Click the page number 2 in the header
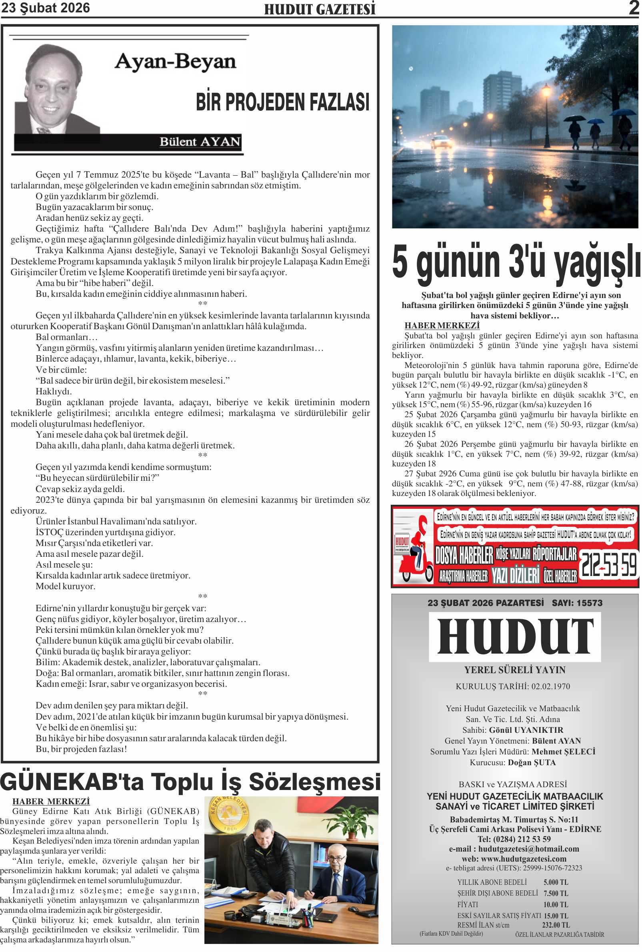(634, 8)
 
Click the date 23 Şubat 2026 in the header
(46, 8)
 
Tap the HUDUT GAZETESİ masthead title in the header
(319, 10)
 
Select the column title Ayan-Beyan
(175, 62)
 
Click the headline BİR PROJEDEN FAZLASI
(282, 102)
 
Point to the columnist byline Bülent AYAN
(199, 142)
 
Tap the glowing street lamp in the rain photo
(546, 89)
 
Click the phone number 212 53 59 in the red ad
(609, 565)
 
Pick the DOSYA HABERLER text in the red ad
(464, 555)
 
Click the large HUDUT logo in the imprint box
(515, 637)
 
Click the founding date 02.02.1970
(550, 686)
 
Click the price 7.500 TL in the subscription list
(556, 893)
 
